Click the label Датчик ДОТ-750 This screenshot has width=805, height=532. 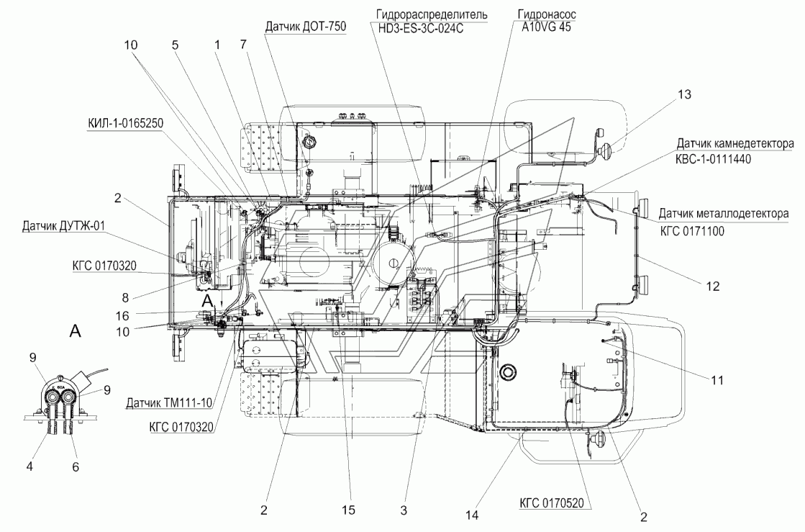(306, 27)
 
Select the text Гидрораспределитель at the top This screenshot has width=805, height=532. (432, 14)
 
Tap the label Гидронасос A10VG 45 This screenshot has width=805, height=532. (546, 21)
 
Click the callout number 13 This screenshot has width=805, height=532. (685, 94)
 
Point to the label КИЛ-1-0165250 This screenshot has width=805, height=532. (125, 123)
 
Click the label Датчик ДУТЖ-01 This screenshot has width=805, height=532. (63, 226)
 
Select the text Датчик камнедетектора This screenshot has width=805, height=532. (734, 144)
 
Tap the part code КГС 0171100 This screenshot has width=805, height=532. (692, 231)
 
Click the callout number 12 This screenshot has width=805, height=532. (713, 286)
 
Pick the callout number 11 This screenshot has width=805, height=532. (717, 380)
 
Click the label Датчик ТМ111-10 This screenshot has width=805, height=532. (170, 403)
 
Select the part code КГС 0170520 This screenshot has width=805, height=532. (552, 502)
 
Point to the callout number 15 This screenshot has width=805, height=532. (348, 510)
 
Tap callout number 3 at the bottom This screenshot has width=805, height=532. (404, 510)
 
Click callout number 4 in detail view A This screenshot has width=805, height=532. (29, 466)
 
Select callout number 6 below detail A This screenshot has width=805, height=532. (76, 466)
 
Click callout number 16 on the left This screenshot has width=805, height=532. (122, 316)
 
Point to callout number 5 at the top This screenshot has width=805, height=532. (175, 45)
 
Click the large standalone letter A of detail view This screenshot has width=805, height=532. (75, 331)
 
